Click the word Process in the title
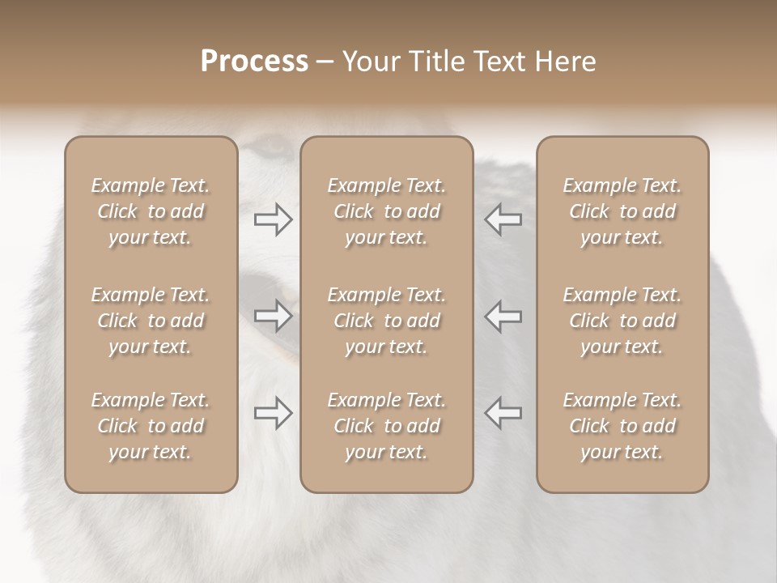click(x=254, y=62)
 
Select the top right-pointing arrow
click(x=274, y=219)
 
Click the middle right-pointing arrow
click(x=274, y=317)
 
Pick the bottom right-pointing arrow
click(x=274, y=413)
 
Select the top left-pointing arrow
click(x=503, y=219)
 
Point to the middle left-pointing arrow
click(x=503, y=317)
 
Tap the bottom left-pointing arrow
click(x=503, y=413)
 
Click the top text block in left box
click(x=151, y=211)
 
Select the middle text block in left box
click(x=151, y=321)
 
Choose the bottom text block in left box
click(x=151, y=426)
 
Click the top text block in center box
click(x=387, y=211)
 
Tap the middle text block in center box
click(x=387, y=321)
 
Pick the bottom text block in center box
click(x=387, y=426)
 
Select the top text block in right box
click(x=622, y=211)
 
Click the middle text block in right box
click(x=622, y=321)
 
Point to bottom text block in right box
click(x=622, y=426)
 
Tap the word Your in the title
click(x=369, y=62)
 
